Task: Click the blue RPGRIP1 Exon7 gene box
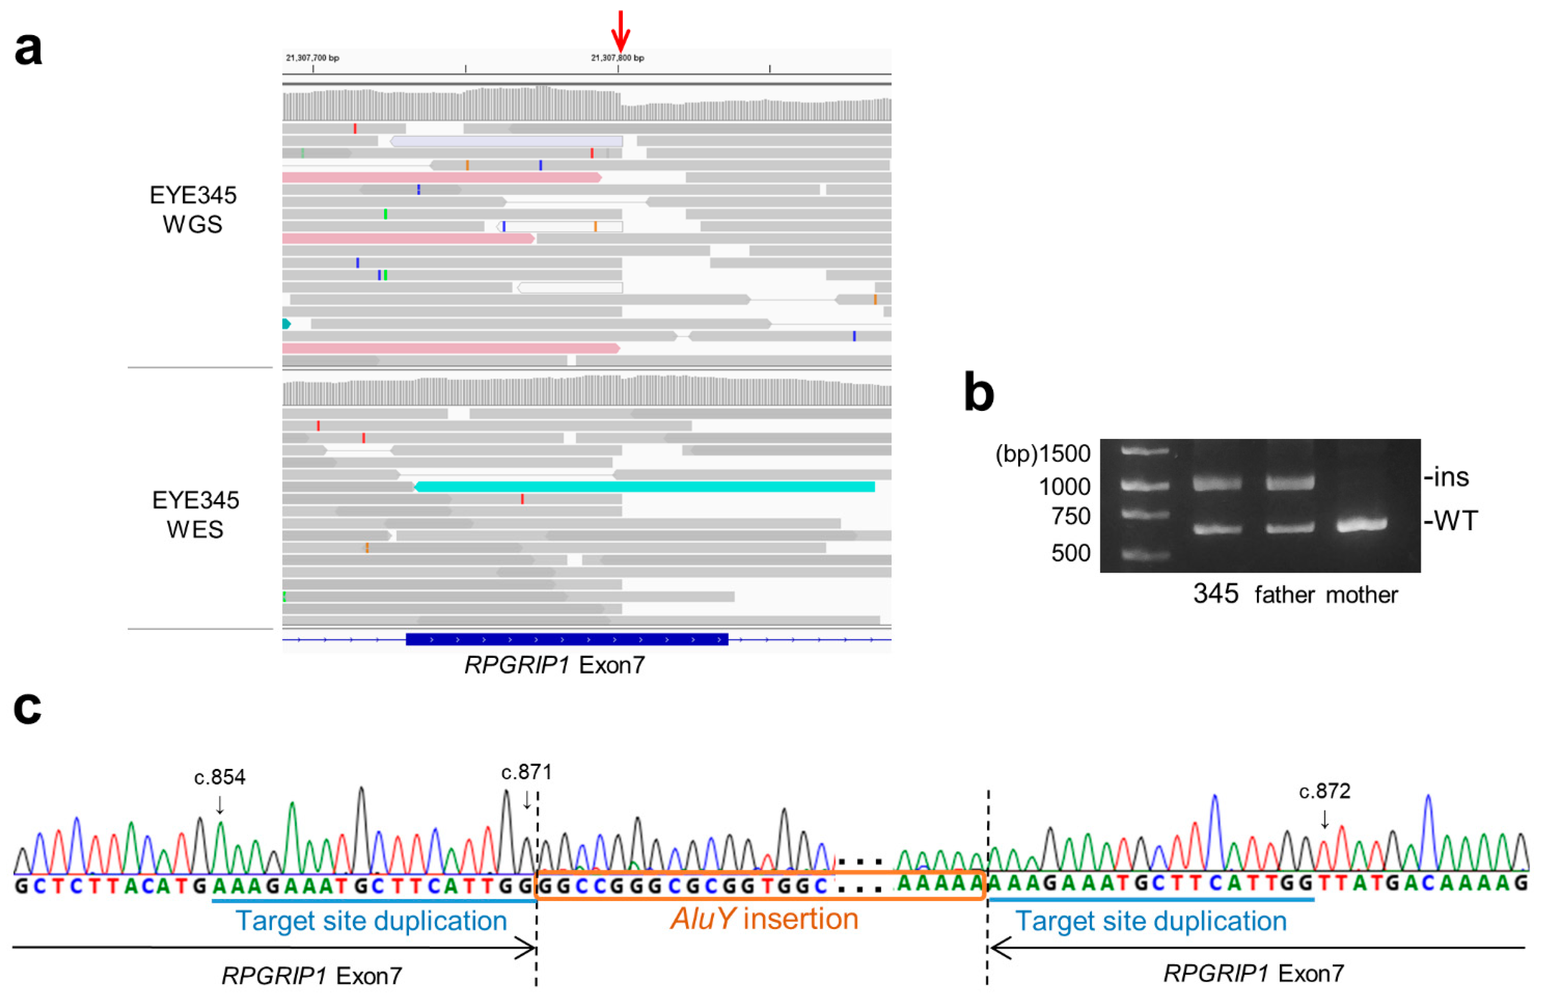[566, 639]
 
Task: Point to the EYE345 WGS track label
[193, 209]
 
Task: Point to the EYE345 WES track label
[195, 515]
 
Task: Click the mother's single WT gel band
[1362, 524]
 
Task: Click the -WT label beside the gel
[1451, 521]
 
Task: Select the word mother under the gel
[1362, 594]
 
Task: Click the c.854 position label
[219, 777]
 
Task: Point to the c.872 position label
[1324, 791]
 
